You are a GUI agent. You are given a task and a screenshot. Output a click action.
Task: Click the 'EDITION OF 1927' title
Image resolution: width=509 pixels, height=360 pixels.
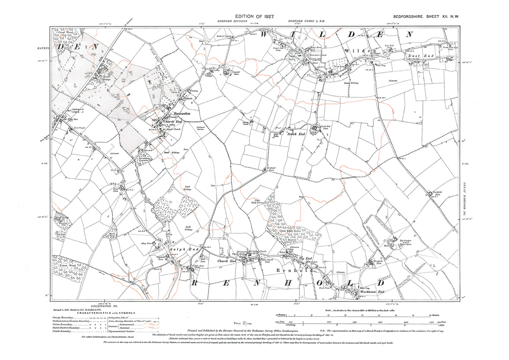254,17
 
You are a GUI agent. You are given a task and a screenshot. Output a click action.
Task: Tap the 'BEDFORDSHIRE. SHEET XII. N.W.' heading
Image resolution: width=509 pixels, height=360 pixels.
426,17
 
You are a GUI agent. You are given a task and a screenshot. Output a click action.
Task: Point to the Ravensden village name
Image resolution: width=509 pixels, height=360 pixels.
182,113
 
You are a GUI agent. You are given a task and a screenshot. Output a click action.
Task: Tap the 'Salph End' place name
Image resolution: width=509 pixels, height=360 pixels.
184,249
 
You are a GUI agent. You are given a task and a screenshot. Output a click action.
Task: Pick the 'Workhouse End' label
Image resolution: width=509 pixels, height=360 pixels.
372,292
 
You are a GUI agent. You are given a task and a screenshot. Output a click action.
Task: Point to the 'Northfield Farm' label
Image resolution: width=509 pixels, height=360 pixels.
437,193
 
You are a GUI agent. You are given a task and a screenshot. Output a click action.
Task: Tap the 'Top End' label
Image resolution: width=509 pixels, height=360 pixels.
305,259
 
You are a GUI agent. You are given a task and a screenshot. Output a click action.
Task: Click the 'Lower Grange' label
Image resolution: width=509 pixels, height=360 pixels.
107,78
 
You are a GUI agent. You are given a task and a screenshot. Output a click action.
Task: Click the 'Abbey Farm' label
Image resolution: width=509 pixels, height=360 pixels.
147,243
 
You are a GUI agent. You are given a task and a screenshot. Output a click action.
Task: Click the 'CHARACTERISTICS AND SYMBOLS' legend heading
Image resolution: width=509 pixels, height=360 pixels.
106,313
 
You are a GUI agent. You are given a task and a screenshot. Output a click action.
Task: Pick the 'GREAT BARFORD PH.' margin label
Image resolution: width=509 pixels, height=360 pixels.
464,199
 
